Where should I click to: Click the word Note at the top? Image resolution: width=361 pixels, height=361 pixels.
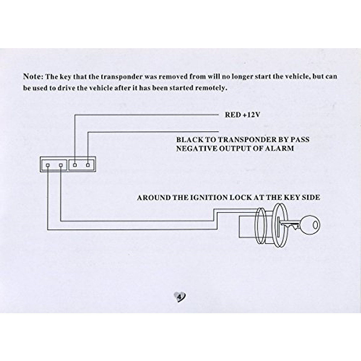coord(32,76)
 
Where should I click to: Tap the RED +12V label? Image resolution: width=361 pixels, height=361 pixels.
coord(242,115)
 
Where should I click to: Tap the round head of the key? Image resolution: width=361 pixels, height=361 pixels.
coord(310,225)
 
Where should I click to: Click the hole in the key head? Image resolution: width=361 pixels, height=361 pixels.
coord(315,225)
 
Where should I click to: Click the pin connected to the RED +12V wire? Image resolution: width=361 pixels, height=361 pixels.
coord(75,165)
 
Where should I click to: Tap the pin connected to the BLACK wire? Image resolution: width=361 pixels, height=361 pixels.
coord(88,165)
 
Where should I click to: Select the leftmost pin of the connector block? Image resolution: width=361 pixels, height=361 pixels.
coord(48,165)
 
